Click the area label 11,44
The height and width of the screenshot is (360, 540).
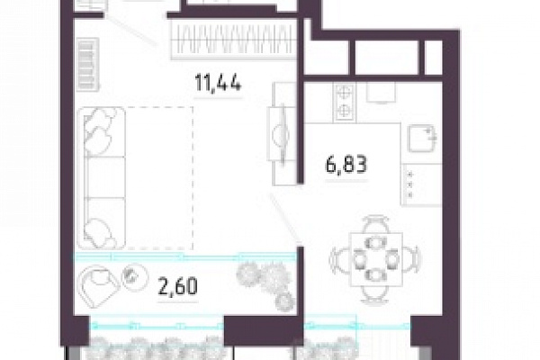(x=218, y=84)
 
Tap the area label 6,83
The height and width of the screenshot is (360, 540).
(x=346, y=165)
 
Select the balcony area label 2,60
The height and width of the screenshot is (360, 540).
(x=177, y=286)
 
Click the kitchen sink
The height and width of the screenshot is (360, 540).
(x=422, y=139)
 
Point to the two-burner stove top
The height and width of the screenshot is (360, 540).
(x=345, y=102)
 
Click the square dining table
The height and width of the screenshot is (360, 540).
(x=376, y=260)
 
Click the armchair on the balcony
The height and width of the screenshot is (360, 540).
(x=98, y=285)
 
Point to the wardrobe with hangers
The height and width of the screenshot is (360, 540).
(x=233, y=40)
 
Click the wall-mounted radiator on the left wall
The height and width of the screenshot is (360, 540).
(x=87, y=65)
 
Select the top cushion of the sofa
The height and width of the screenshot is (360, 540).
(x=101, y=132)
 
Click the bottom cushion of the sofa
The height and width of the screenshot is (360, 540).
(x=101, y=222)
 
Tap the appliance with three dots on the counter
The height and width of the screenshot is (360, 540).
(x=421, y=184)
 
